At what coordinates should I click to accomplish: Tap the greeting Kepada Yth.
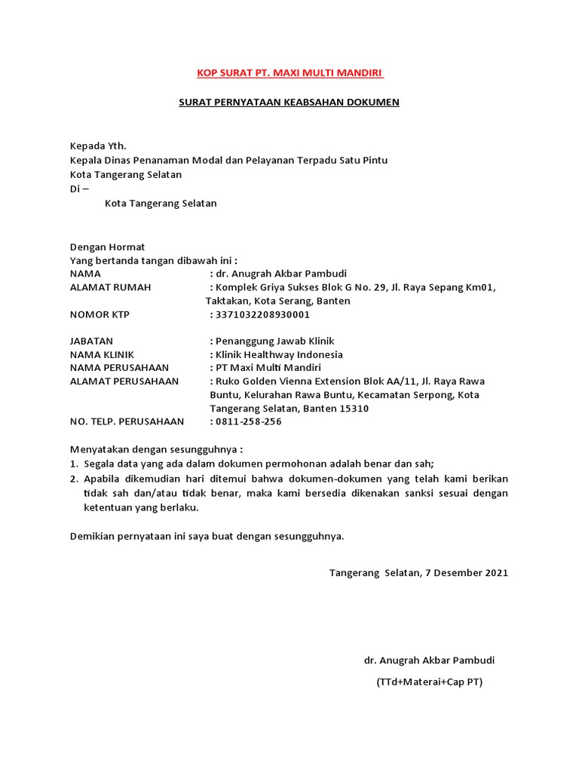(94, 146)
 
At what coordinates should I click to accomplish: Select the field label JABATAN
(91, 341)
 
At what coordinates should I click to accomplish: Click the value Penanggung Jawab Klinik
(270, 341)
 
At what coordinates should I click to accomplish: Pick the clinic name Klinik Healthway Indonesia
(279, 354)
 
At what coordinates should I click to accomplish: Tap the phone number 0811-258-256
(248, 421)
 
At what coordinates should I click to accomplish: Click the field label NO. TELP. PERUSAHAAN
(126, 421)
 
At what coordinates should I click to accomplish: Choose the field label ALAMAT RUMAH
(110, 287)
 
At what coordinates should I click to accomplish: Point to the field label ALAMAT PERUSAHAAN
(124, 381)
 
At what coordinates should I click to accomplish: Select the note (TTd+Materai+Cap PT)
(429, 682)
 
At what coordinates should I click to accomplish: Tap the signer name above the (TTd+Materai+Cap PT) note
(429, 660)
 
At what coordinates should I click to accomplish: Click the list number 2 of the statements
(74, 479)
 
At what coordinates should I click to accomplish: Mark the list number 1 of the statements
(74, 464)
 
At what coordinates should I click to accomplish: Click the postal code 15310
(354, 408)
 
